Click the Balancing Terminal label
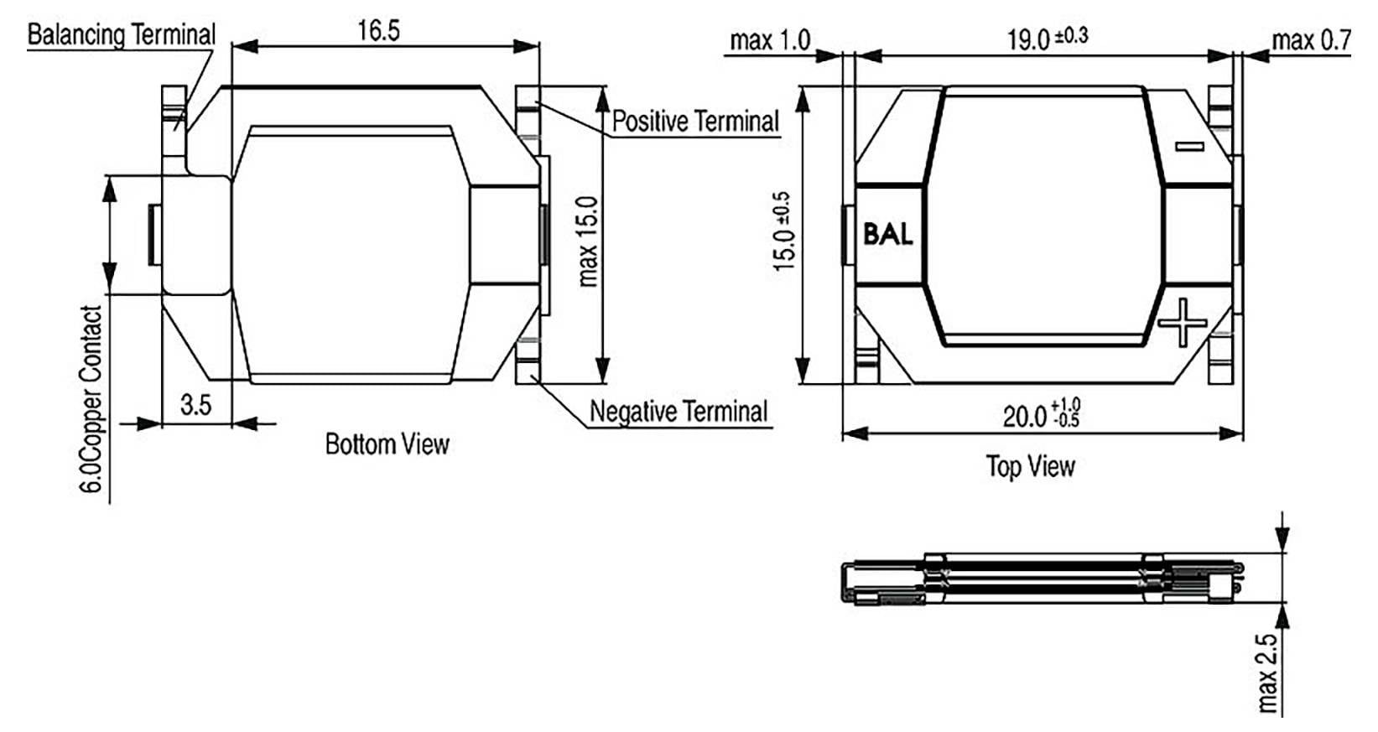(x=121, y=34)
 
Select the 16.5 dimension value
(x=378, y=30)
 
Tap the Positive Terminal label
(x=695, y=122)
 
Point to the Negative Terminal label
(x=679, y=411)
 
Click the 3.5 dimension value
(x=195, y=405)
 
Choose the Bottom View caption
(x=387, y=444)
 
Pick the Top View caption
(x=1031, y=466)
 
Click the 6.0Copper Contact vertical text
(x=91, y=399)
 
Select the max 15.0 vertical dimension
(x=588, y=241)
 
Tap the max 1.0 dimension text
(x=770, y=40)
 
